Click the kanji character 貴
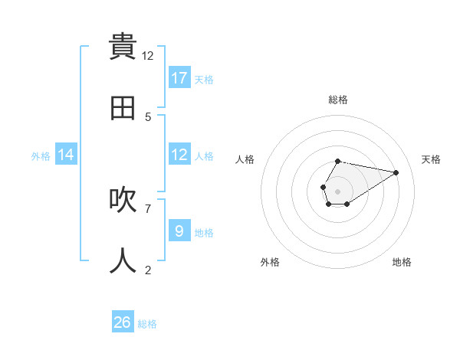(123, 47)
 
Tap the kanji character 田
(123, 107)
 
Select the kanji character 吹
(123, 200)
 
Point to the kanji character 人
(123, 260)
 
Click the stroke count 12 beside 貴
(148, 56)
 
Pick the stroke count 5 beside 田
(148, 116)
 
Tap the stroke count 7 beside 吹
(148, 208)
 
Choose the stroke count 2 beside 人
(148, 269)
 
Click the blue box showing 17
(179, 78)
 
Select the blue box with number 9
(179, 231)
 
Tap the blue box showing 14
(66, 155)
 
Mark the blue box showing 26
(123, 322)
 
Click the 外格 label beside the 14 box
(41, 156)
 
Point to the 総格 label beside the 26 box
(147, 324)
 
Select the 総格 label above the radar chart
(338, 100)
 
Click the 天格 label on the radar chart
(431, 159)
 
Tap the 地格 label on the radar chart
(402, 262)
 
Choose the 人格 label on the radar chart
(245, 159)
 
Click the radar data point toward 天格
(396, 172)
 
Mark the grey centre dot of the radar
(337, 191)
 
